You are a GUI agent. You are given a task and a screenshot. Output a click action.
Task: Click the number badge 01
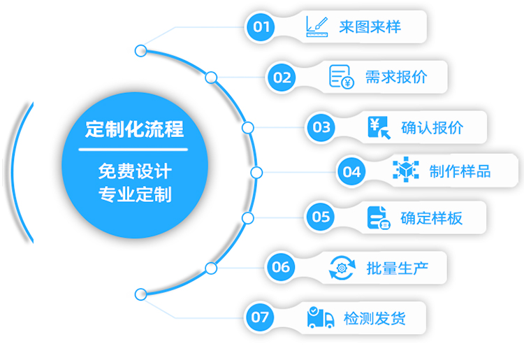click(261, 27)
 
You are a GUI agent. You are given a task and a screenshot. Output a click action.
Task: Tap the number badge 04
click(352, 171)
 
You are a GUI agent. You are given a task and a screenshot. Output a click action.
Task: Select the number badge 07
click(260, 317)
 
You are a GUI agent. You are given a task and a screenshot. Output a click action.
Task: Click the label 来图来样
click(370, 27)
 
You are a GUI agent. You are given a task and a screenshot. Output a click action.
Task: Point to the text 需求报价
click(396, 77)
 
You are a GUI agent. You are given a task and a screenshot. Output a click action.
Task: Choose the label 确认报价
click(432, 127)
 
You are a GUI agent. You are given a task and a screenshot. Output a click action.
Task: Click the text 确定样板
click(431, 217)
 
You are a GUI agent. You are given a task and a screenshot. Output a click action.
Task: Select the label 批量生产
click(396, 266)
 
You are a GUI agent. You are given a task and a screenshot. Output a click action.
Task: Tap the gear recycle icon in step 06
click(342, 266)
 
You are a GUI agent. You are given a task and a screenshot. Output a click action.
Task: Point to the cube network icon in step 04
click(405, 171)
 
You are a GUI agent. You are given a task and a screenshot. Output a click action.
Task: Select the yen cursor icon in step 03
click(378, 127)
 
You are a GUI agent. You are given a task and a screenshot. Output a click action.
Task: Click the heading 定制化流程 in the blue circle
click(134, 130)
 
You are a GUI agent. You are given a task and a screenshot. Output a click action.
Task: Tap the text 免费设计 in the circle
click(134, 170)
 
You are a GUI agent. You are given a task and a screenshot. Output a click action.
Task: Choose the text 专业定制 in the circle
click(134, 193)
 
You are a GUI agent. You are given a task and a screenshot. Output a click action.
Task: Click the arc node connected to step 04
click(256, 172)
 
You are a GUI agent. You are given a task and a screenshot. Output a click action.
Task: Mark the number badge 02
click(282, 77)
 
